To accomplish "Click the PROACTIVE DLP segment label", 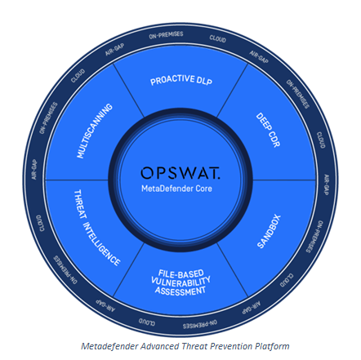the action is coord(181,80).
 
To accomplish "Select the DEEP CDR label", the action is coord(268,130).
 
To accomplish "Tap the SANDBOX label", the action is coord(269,231).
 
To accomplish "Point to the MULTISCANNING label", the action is coord(95,131).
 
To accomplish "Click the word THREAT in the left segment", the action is coord(80,204).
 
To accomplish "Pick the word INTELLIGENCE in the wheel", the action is coord(101,244).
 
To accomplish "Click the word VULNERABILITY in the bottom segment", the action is coord(180,282).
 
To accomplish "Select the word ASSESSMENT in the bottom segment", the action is coord(180,291).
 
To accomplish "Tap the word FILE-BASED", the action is coord(181,273).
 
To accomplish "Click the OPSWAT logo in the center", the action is coord(180,173).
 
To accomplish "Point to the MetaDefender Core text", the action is coord(176,189).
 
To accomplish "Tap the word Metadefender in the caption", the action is coord(109,346).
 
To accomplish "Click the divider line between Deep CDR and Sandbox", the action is coord(284,180).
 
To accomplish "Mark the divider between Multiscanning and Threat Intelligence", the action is coord(77,180).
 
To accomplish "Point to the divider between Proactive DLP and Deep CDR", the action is coord(232,91).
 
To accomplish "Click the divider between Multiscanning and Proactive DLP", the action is coord(128,91).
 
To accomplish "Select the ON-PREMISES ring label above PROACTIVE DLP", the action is coord(166,35).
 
